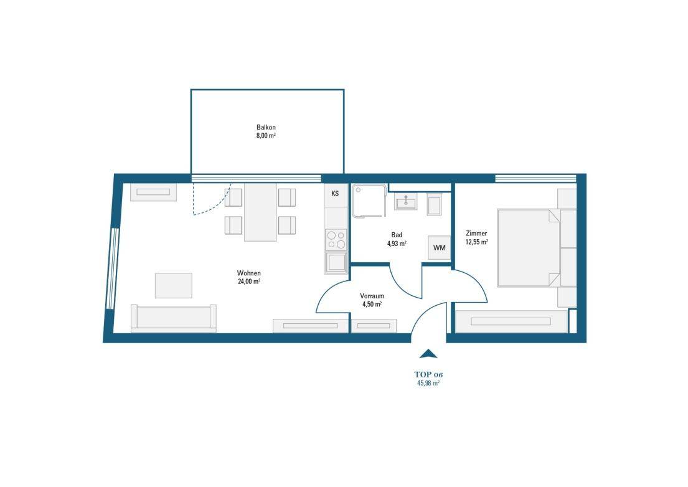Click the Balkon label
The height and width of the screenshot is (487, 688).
pos(266,127)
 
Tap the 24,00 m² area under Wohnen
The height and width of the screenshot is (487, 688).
pos(248,281)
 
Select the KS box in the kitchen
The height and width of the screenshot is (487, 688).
pos(335,194)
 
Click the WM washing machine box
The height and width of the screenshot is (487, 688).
pos(440,248)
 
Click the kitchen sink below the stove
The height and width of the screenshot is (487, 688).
pos(336,261)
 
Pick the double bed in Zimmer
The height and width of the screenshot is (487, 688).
pos(528,247)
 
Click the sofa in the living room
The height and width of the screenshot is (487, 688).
pos(173,318)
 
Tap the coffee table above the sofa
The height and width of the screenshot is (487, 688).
pos(173,285)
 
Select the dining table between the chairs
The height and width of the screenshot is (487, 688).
pos(260,212)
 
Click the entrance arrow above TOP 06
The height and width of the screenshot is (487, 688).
pos(428,354)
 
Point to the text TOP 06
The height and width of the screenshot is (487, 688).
pos(428,374)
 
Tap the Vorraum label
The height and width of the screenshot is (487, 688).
pos(372,296)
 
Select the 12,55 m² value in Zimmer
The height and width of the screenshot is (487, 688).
pos(476,242)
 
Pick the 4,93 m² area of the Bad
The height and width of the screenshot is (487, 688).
pos(397,244)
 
